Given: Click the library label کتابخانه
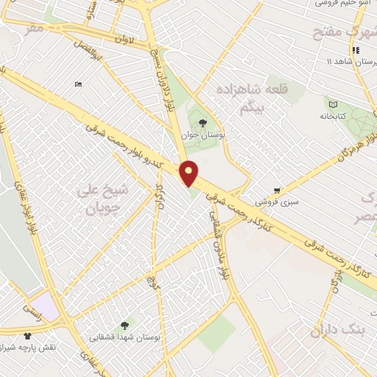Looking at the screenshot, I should point(332,116).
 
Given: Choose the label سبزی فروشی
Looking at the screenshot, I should point(272,200).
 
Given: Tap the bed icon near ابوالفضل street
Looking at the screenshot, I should point(79,84).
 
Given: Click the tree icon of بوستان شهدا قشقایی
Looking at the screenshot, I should point(123,324).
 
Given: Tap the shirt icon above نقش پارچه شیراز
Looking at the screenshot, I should point(28,334).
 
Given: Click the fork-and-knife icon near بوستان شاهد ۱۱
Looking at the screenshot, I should point(356,50).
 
